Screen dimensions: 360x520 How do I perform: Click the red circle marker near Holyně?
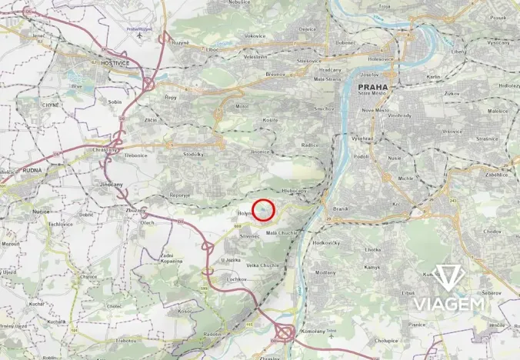click(x=265, y=208)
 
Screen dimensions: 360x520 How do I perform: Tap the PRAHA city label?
click(x=373, y=88)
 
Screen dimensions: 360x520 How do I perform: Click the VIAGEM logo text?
click(x=449, y=304)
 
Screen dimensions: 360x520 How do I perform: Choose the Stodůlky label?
click(x=193, y=154)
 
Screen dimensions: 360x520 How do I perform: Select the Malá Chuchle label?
click(x=282, y=232)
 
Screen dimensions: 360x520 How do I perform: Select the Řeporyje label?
click(x=180, y=195)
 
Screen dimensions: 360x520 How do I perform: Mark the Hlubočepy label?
click(x=294, y=190)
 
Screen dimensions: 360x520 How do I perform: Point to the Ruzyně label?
click(x=180, y=42)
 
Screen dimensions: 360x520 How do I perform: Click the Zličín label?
click(x=151, y=121)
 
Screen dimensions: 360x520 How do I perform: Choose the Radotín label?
click(x=212, y=334)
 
